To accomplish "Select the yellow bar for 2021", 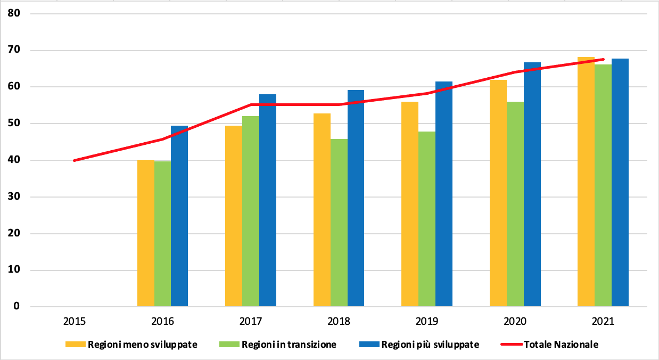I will (586, 182).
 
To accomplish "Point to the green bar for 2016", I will (162, 234).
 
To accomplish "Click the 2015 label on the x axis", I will (75, 322).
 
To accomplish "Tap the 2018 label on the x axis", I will (339, 322).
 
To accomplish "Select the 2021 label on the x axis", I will (603, 322).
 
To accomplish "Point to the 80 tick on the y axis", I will (14, 13).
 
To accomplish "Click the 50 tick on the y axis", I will (14, 124).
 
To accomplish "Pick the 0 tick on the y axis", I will (17, 307).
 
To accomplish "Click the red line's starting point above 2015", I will (75, 160).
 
